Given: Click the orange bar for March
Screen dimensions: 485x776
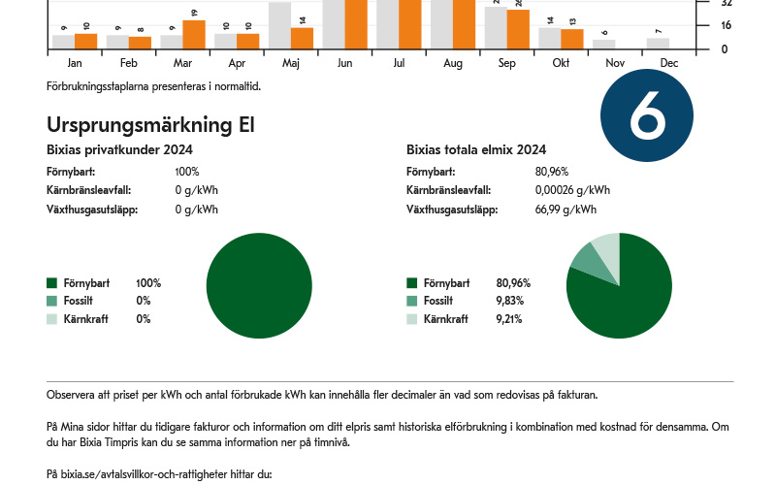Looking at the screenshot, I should click(194, 34).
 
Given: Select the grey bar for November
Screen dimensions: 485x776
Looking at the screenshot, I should click(604, 44).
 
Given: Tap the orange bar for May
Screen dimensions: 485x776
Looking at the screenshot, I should click(302, 38).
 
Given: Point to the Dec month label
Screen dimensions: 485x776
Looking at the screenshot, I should click(668, 62).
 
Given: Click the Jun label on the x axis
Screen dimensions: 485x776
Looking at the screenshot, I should click(344, 62).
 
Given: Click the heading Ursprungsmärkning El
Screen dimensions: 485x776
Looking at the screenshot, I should click(150, 125).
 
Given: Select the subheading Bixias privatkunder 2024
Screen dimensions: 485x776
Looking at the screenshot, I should click(119, 149).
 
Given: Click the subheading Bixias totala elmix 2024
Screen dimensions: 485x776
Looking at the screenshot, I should click(476, 149).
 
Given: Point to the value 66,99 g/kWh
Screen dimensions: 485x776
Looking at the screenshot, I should click(566, 210).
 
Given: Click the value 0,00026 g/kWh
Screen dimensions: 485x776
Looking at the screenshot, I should click(572, 190).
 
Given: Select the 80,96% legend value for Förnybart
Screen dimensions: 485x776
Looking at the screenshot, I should click(513, 283).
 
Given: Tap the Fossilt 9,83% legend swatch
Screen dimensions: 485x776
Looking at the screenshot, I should click(412, 301).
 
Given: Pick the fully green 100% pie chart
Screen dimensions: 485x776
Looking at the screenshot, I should click(259, 286).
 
